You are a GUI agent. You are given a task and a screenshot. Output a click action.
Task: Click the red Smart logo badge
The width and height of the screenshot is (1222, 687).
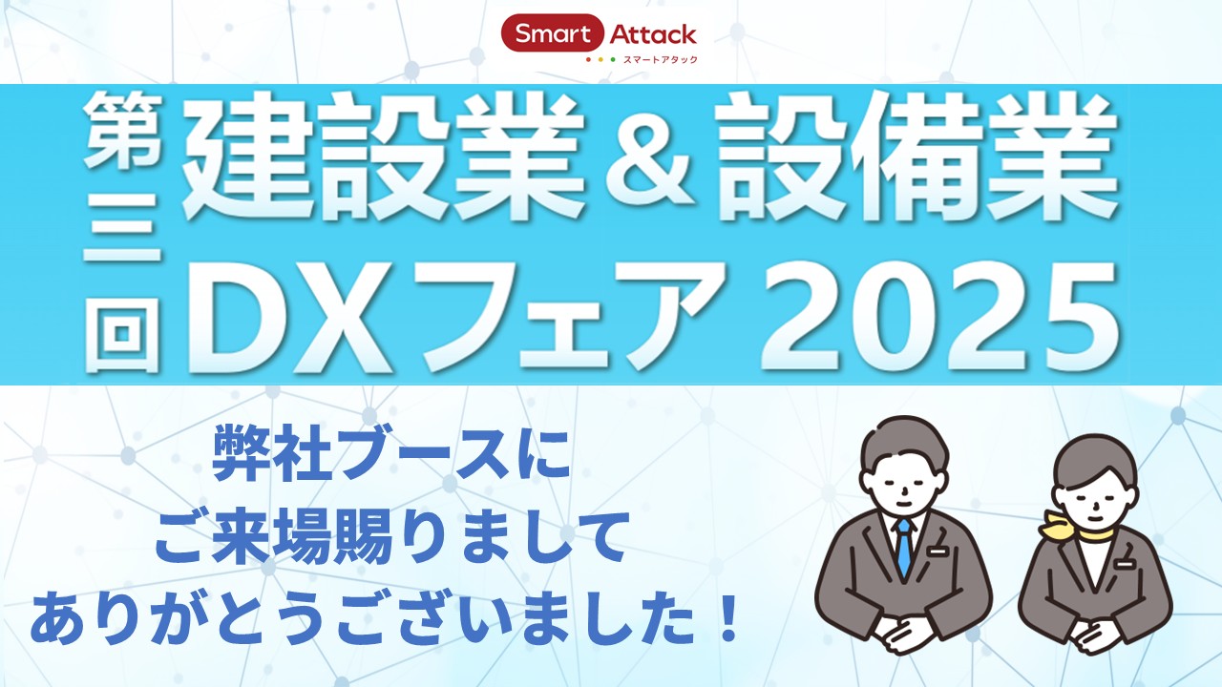(553, 33)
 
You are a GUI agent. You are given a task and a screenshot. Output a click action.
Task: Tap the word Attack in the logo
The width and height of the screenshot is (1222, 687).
(652, 34)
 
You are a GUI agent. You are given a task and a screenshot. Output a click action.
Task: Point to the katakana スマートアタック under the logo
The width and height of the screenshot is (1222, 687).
(660, 60)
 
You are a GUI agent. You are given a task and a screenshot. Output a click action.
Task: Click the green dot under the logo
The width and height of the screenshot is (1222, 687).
(613, 59)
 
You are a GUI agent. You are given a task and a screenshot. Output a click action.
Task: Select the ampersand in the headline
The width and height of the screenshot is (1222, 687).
(649, 158)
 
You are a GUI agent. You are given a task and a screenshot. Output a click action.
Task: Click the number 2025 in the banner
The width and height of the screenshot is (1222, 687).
(938, 316)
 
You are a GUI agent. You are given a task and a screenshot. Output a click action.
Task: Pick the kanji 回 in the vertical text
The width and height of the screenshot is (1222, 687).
(123, 334)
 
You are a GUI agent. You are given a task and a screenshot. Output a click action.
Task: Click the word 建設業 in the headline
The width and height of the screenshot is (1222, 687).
(382, 157)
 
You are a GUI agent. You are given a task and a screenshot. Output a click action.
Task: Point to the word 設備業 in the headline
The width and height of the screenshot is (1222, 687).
(916, 157)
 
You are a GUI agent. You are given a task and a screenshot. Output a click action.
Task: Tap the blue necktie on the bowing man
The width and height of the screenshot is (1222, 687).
(904, 547)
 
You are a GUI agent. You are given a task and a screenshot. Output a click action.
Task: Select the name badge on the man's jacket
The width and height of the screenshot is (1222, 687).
(938, 552)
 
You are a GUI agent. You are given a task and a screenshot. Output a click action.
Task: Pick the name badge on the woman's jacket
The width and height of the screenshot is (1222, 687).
(1124, 565)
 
